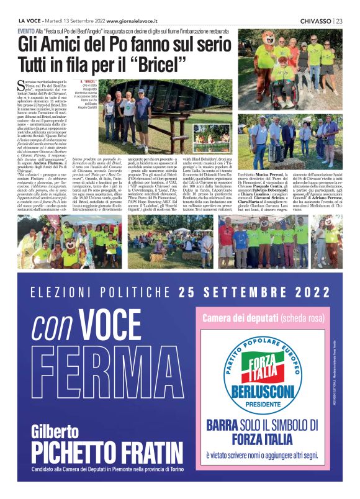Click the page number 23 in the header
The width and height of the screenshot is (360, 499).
pyautogui.click(x=340, y=20)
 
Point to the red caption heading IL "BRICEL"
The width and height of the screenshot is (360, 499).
pyautogui.click(x=89, y=81)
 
